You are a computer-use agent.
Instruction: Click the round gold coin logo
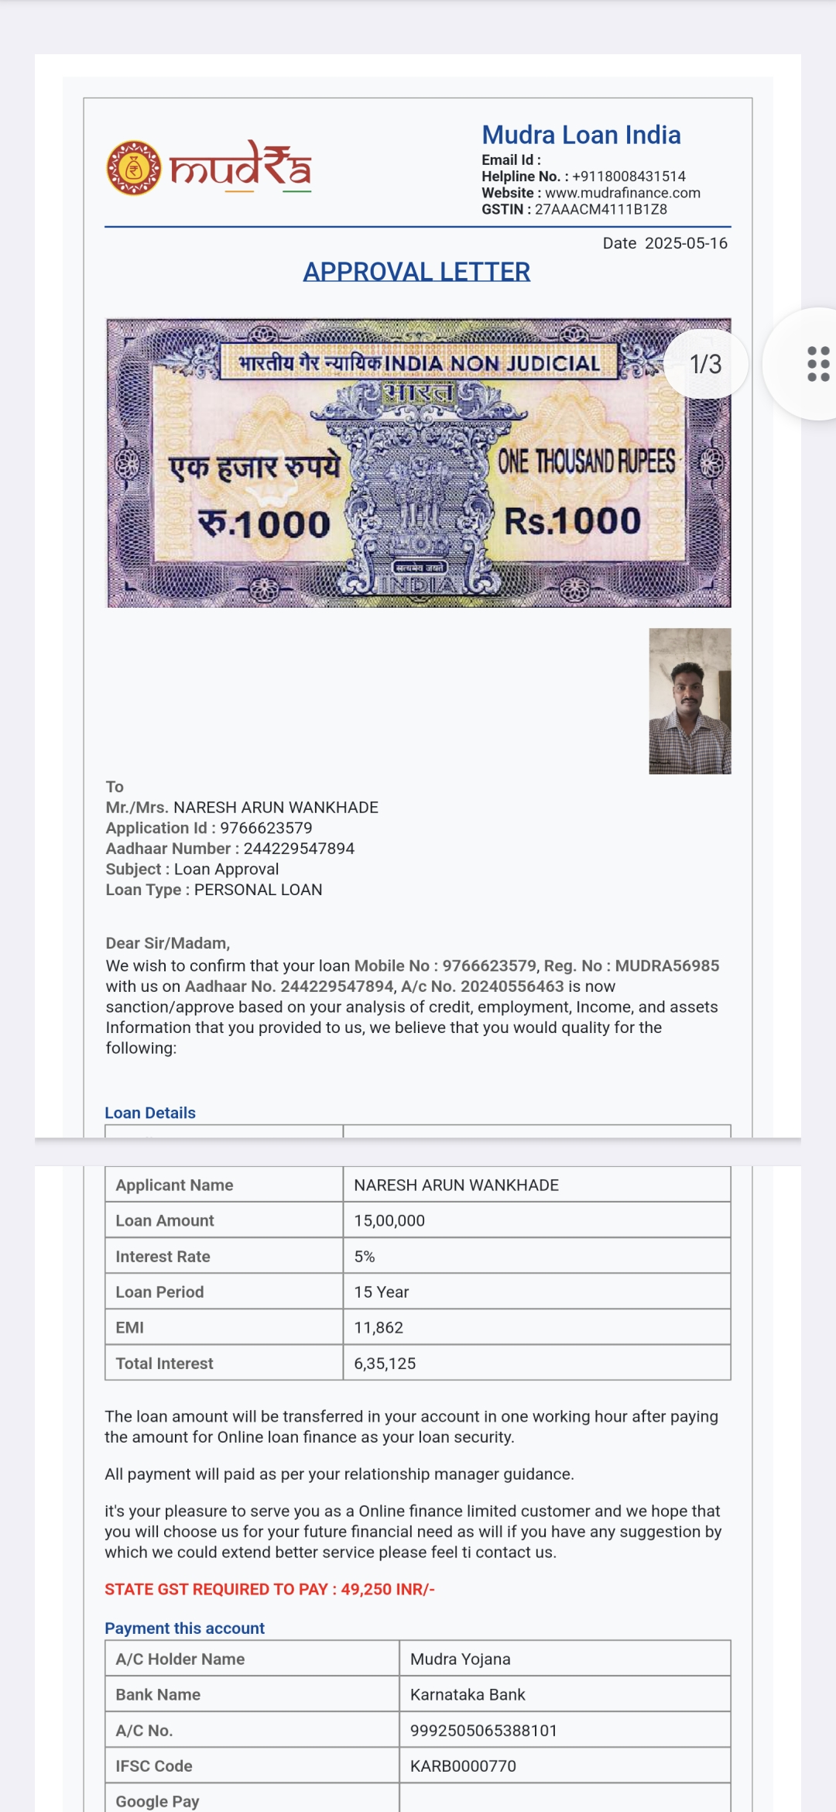click(134, 167)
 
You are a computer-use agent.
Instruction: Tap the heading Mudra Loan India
click(581, 135)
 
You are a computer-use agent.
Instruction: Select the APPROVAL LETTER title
click(416, 272)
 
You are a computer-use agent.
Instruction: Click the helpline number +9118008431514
click(629, 177)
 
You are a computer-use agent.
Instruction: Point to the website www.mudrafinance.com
click(622, 193)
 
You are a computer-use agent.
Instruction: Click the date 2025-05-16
click(686, 243)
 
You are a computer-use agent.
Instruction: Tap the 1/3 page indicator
click(705, 364)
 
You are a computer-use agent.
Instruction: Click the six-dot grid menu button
click(817, 364)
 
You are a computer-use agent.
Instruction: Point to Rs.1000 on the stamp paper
click(573, 521)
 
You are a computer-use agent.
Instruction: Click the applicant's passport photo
click(690, 701)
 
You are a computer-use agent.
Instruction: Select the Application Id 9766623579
click(266, 828)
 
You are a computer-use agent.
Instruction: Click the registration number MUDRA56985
click(666, 966)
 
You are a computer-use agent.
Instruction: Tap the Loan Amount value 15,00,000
click(389, 1220)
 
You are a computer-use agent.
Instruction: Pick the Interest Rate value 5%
click(365, 1256)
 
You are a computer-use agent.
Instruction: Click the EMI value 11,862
click(379, 1327)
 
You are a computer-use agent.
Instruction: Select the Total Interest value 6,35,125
click(385, 1363)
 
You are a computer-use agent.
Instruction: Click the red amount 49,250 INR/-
click(388, 1589)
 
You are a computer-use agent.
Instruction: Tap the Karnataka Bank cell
click(468, 1694)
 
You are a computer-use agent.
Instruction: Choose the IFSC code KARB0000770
click(463, 1766)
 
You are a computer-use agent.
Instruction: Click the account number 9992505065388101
click(484, 1730)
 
